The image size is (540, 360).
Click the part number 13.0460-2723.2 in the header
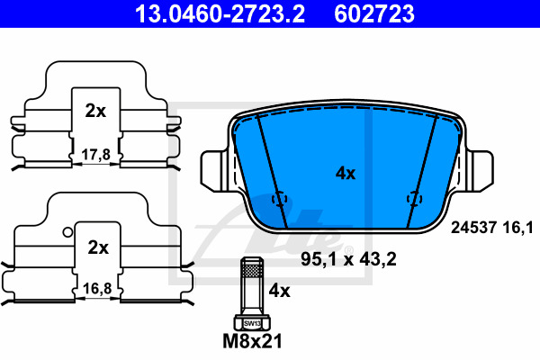pyautogui.click(x=220, y=13)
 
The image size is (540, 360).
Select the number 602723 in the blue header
pyautogui.click(x=374, y=13)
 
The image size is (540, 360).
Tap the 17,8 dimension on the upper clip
pyautogui.click(x=96, y=155)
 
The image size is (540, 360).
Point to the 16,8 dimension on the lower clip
pyautogui.click(x=97, y=288)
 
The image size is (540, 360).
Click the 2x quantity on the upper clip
pyautogui.click(x=95, y=111)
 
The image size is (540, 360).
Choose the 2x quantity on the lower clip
pyautogui.click(x=98, y=247)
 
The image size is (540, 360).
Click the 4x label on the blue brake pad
pyautogui.click(x=346, y=174)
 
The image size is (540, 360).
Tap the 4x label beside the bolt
pyautogui.click(x=279, y=291)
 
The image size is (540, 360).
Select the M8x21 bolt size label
pyautogui.click(x=252, y=341)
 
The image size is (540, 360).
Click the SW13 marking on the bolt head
pyautogui.click(x=252, y=323)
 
